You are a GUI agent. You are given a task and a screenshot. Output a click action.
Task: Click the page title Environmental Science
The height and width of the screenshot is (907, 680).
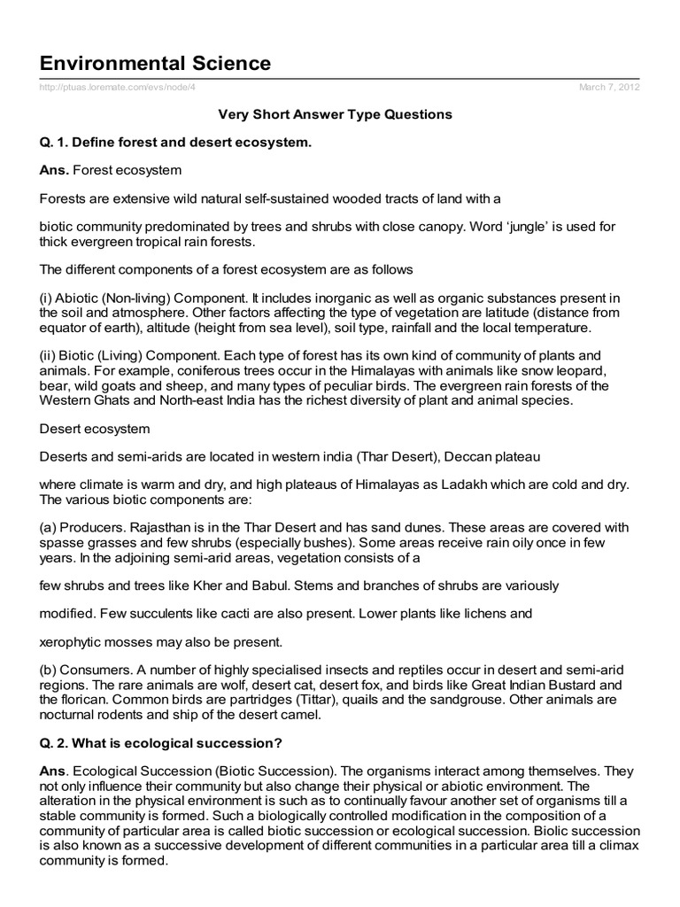(156, 63)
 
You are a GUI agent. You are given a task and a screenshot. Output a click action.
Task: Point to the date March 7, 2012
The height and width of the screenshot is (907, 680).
(609, 87)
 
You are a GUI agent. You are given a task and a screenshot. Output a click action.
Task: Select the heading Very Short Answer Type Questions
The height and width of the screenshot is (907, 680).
(336, 114)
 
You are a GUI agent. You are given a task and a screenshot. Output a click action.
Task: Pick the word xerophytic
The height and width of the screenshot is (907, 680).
(73, 640)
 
